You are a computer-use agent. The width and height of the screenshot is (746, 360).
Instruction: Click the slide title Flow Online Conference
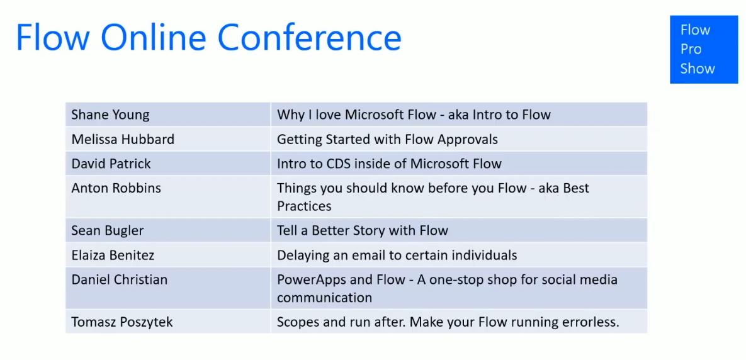tap(208, 37)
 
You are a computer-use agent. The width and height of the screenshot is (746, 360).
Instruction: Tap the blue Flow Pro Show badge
tap(703, 50)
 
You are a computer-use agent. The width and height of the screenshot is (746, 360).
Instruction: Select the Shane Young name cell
tap(110, 115)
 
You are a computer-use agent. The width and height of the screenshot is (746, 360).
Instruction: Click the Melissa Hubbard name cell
tap(123, 139)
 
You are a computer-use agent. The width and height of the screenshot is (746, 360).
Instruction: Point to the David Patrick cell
tap(111, 164)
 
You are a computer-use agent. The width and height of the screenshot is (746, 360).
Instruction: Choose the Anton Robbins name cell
tap(116, 188)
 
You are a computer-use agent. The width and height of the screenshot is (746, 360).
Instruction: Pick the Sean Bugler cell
tap(107, 230)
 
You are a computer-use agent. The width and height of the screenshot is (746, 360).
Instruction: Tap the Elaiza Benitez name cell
tap(113, 255)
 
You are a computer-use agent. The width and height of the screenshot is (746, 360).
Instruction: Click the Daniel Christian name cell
tap(119, 279)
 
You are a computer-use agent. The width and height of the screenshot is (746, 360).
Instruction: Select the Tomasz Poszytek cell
tap(122, 322)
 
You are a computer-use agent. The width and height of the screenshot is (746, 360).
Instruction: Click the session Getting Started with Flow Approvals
tap(387, 139)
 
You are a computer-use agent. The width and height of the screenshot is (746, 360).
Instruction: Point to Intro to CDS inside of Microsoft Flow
tap(389, 164)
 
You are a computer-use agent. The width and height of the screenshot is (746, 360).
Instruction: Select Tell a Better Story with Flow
tap(363, 230)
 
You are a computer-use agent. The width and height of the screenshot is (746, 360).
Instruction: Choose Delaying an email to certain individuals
tap(397, 255)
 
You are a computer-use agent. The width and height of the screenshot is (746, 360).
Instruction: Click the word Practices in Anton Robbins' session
tap(304, 206)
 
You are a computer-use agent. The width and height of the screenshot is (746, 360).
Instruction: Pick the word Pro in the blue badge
tap(691, 49)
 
